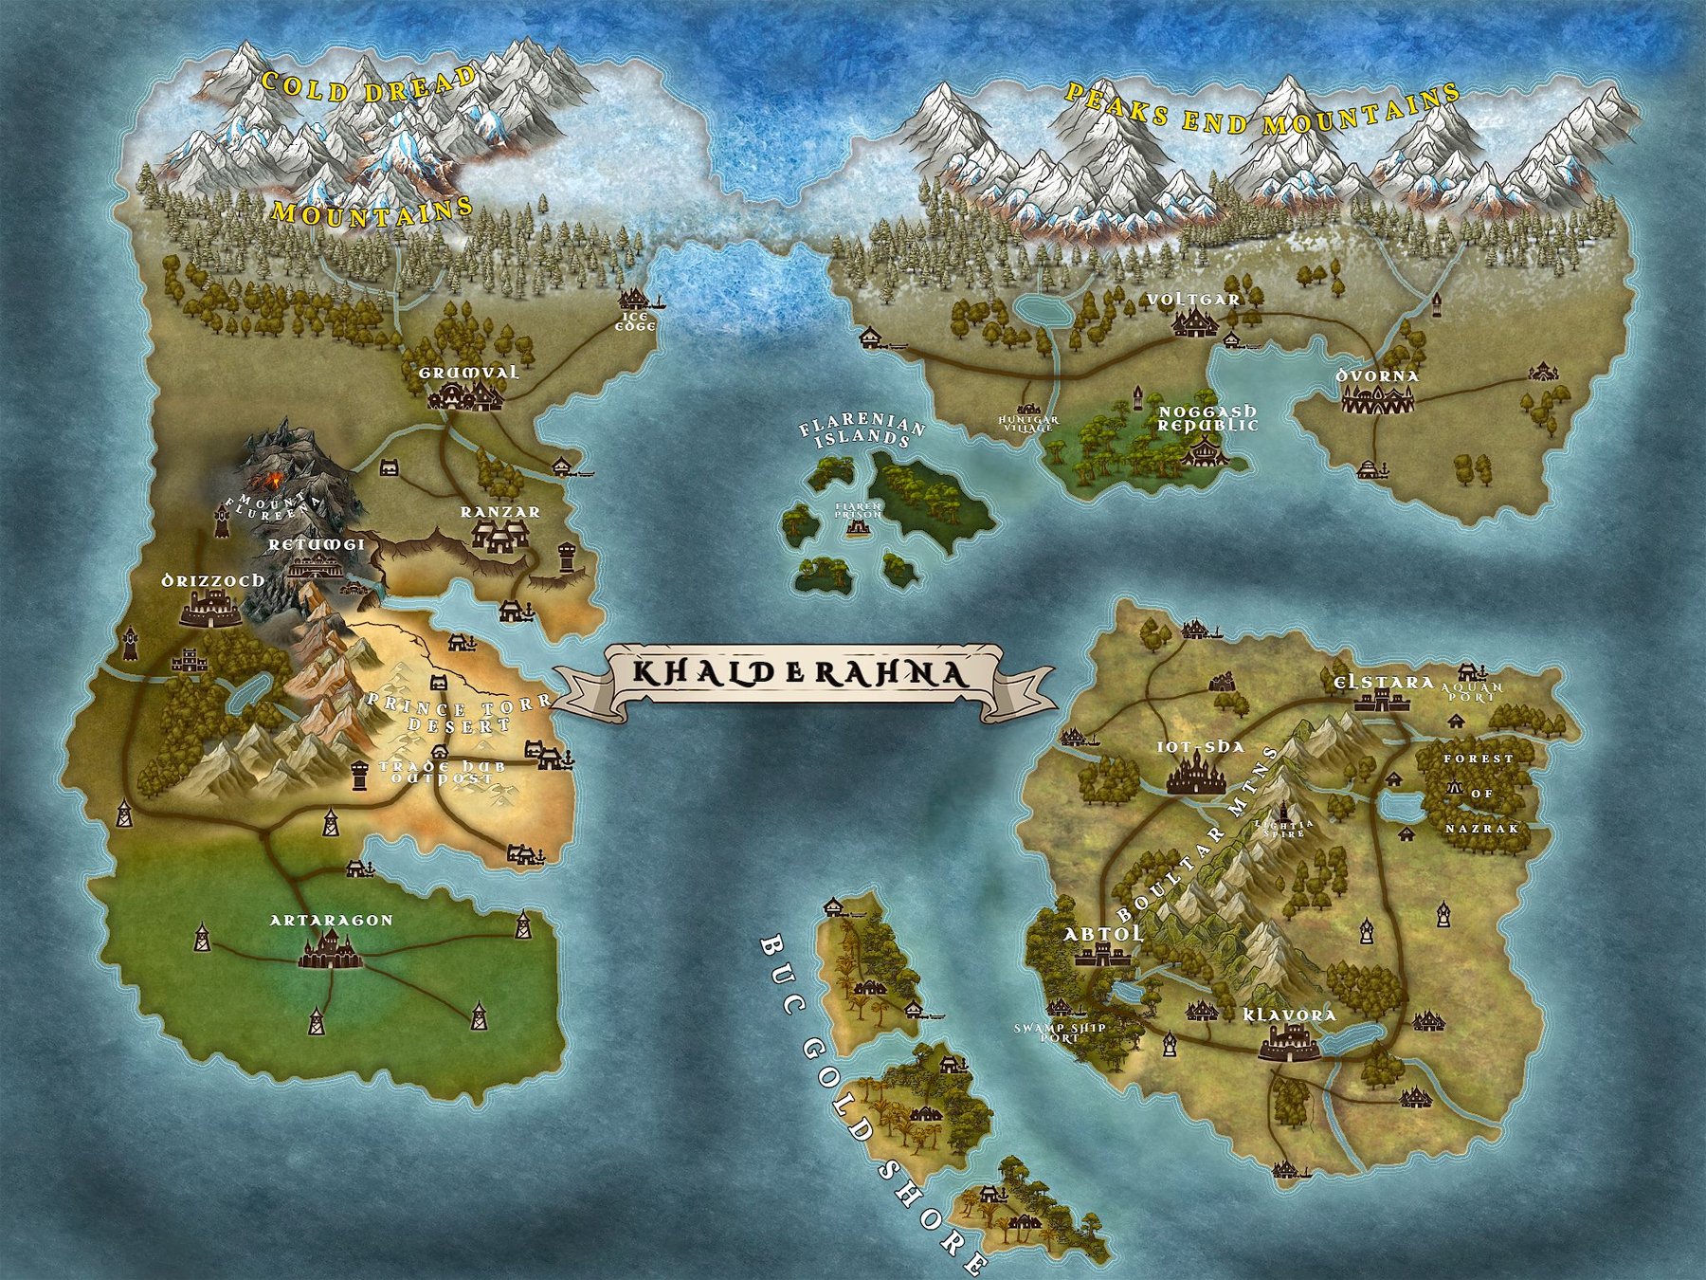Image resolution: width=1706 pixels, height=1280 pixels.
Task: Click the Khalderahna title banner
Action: (801, 674)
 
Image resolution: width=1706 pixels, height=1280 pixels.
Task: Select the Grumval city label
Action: (469, 373)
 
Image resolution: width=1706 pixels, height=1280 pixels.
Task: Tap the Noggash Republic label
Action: (1208, 418)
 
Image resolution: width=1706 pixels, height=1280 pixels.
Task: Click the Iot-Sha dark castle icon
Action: (1196, 776)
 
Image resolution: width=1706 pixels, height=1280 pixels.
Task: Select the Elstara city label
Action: (1370, 683)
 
